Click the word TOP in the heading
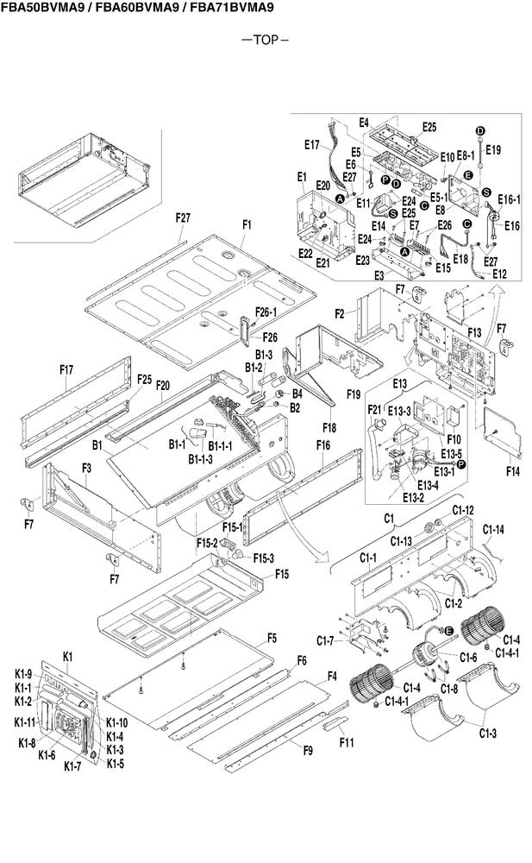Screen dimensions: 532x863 [266, 40]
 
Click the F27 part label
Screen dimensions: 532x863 [183, 217]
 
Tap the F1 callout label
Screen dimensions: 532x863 [247, 224]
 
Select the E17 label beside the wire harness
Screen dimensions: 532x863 [312, 145]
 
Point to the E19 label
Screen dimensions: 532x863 [493, 149]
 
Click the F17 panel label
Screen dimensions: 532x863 [66, 370]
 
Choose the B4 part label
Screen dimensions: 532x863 [297, 394]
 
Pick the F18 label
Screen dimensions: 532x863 [329, 428]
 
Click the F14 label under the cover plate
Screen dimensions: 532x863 [512, 471]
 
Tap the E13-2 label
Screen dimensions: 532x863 [413, 498]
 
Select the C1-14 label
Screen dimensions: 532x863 [493, 530]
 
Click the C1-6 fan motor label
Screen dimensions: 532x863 [468, 657]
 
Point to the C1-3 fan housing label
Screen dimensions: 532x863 [487, 733]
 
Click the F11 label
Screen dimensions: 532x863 [347, 743]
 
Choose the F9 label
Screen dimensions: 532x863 [308, 751]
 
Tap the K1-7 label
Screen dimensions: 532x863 [72, 766]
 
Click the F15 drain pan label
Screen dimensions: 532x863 [282, 575]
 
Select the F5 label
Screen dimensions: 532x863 [272, 639]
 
